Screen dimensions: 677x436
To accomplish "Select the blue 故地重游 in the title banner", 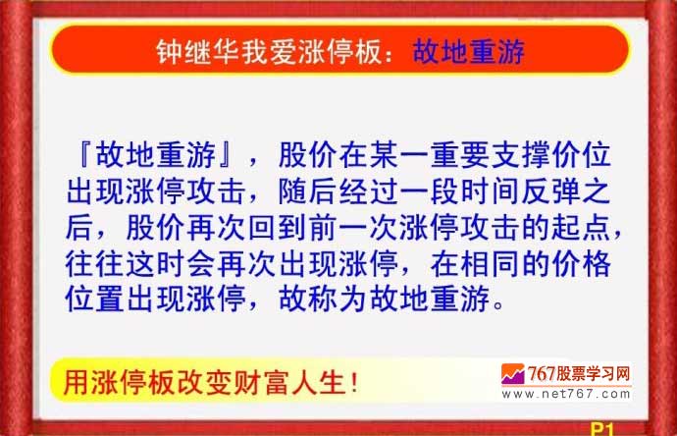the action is click(468, 52).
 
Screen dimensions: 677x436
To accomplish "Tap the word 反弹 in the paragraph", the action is click(550, 191).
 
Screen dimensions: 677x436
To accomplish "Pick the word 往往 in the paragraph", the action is click(95, 263).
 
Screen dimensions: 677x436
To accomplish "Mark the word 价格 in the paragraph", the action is click(581, 263).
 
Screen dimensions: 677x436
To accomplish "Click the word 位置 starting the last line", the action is click(95, 299).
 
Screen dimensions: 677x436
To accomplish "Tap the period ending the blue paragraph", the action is click(498, 304).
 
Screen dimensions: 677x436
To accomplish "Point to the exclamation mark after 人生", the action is click(354, 383).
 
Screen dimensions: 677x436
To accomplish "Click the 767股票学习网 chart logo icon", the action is click(512, 374).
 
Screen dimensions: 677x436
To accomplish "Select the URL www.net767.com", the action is click(566, 394).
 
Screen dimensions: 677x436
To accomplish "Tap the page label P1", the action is click(601, 429).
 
